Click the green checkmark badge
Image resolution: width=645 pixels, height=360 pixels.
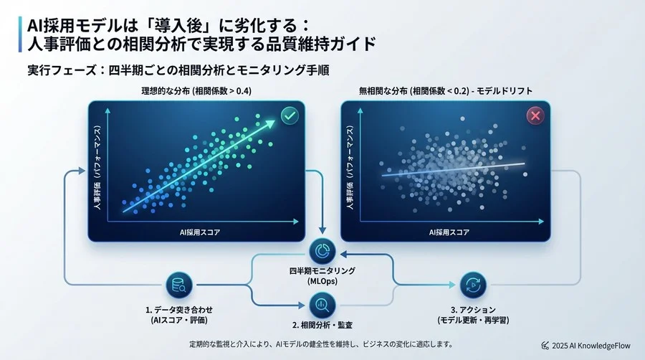click(289, 115)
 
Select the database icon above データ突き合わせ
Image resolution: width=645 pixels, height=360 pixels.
click(176, 285)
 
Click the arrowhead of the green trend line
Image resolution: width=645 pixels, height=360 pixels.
click(274, 124)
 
